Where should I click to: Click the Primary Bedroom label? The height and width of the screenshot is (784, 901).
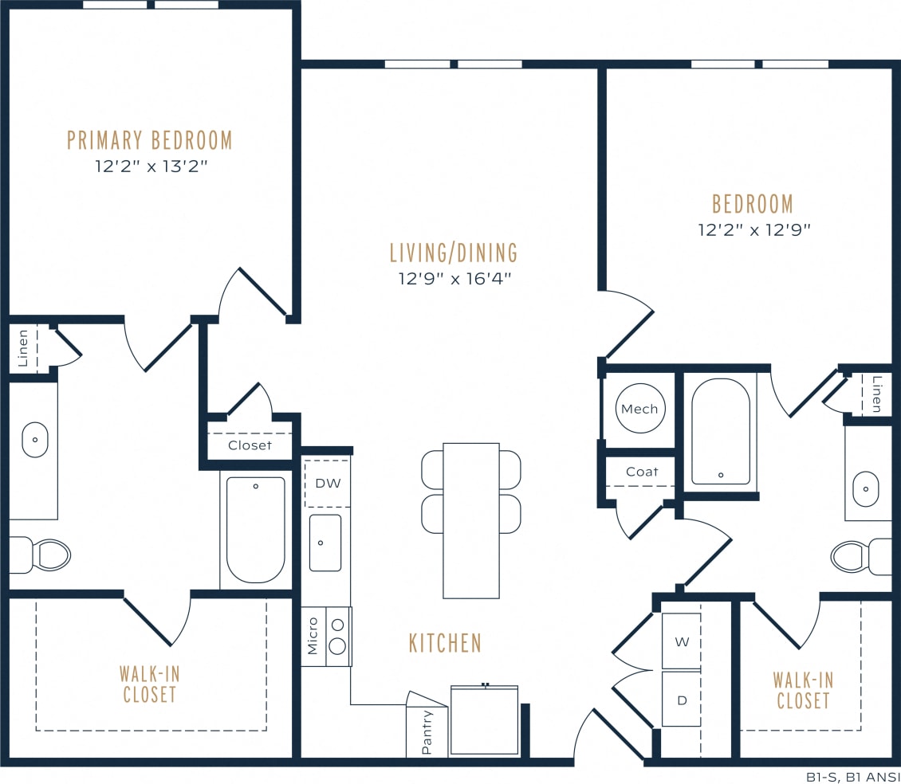(150, 141)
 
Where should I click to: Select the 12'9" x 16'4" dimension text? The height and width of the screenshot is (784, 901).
(454, 279)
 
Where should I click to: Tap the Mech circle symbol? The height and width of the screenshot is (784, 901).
(639, 409)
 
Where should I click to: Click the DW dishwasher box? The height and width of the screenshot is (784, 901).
(327, 484)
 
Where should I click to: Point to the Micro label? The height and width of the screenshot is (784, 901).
(313, 636)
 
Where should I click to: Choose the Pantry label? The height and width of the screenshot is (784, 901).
(427, 731)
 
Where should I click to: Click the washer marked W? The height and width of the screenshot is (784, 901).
(681, 641)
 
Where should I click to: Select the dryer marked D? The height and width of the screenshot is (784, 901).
(681, 700)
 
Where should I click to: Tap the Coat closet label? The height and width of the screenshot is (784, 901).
(642, 472)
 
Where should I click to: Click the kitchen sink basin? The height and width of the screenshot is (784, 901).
(325, 543)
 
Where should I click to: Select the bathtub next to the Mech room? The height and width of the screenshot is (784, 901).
(720, 431)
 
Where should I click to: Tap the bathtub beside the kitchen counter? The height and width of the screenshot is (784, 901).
(255, 529)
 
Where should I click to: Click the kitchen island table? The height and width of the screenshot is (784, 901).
(470, 520)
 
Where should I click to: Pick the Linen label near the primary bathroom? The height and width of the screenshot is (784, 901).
(23, 347)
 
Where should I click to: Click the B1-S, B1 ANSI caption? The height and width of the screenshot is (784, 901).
(852, 776)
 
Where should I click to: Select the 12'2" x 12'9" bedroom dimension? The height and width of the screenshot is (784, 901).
(753, 229)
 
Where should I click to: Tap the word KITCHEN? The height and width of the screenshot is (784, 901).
(445, 643)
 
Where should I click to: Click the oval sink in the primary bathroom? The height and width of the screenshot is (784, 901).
(35, 440)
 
